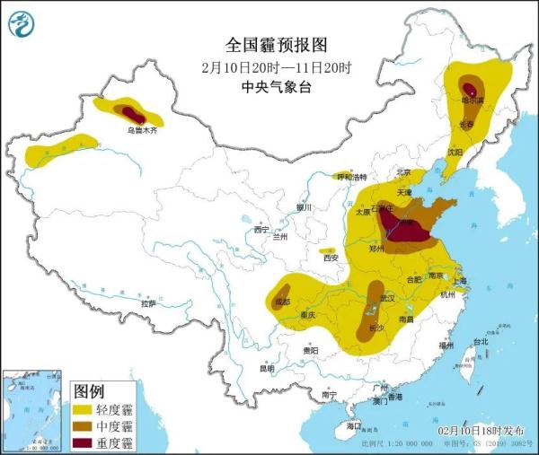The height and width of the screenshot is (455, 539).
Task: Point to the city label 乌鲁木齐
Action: [142, 130]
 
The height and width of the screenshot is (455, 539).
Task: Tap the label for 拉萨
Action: [147, 304]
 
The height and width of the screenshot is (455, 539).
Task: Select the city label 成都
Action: [283, 302]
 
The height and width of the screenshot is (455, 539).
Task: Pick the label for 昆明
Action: [267, 368]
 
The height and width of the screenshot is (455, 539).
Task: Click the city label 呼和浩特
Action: [351, 178]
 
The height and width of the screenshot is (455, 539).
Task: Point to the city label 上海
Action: [459, 280]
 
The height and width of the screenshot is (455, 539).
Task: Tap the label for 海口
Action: [355, 426]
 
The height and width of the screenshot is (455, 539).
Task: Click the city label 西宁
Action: [261, 230]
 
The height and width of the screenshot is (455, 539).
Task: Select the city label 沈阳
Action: [455, 153]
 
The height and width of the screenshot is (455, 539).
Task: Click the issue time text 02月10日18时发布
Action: [482, 432]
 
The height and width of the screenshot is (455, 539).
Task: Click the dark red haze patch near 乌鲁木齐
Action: [134, 114]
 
